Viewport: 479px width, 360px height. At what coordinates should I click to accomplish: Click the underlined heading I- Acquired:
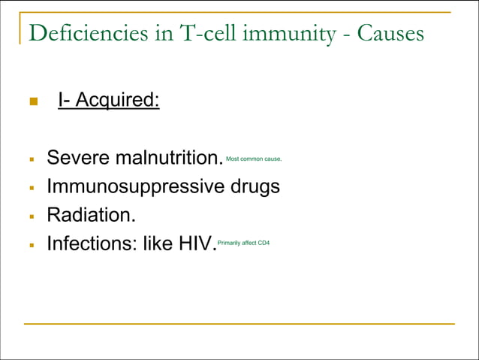[x=109, y=100]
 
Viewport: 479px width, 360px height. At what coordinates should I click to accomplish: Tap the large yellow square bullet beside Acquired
[x=32, y=101]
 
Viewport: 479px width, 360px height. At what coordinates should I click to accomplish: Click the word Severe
[x=77, y=158]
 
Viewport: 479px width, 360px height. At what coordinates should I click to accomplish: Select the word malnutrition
[x=169, y=158]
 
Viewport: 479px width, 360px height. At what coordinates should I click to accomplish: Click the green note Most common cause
[x=254, y=159]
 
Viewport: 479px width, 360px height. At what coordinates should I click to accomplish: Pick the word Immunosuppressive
[x=134, y=186]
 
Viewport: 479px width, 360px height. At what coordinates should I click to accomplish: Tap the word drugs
[x=253, y=186]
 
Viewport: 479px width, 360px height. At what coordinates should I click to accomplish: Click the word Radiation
[x=92, y=215]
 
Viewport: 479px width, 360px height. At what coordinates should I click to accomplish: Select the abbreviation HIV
[x=194, y=244]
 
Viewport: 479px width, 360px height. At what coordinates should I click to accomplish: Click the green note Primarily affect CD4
[x=243, y=243]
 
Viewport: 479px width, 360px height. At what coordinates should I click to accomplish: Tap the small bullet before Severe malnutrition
[x=32, y=159]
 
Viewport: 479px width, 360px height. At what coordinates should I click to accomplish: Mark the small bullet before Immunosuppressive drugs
[x=32, y=187]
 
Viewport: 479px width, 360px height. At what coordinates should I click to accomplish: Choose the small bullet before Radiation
[x=32, y=216]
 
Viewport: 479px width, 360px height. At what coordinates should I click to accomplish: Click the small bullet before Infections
[x=32, y=245]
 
